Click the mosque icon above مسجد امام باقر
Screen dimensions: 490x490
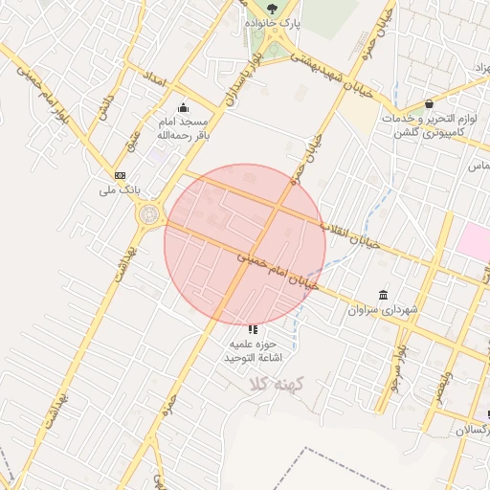183,107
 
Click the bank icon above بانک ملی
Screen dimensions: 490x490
120,175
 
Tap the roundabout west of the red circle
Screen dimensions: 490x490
150,215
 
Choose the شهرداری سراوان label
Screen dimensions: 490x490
384,310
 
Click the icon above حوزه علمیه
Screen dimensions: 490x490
253,328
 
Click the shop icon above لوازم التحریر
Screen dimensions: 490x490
428,102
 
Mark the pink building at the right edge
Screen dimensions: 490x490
475,239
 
